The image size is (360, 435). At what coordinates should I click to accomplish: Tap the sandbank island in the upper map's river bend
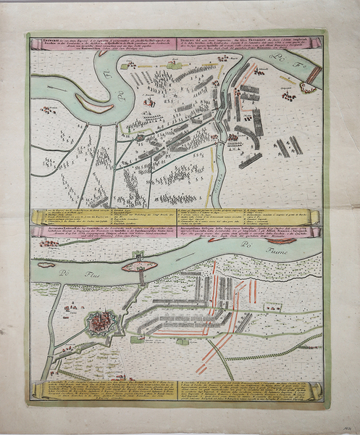[93, 105]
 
